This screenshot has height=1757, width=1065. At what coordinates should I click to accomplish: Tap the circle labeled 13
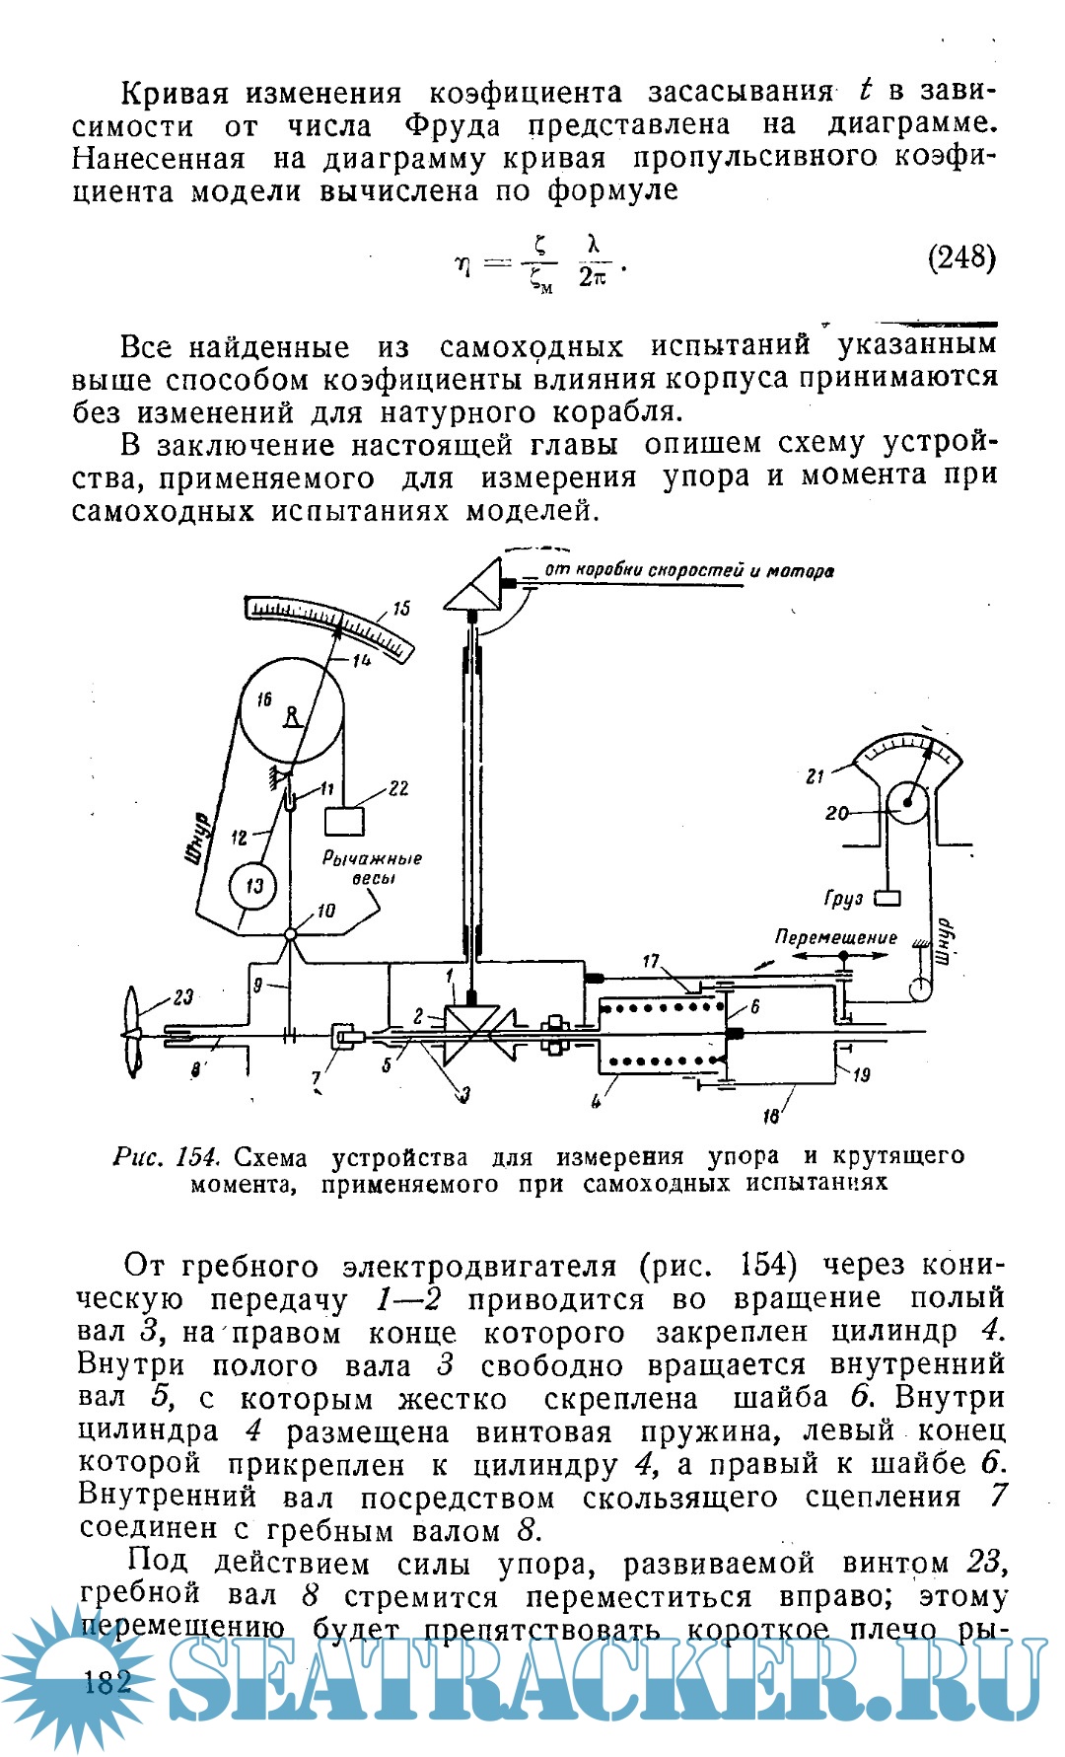tap(253, 884)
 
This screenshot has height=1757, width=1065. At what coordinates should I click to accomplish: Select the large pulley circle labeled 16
tap(291, 708)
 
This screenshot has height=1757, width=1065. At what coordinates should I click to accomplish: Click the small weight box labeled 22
tap(344, 821)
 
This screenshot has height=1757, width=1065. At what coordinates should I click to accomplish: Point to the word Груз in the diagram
tap(844, 899)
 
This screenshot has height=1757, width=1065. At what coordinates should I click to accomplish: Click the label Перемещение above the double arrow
tap(836, 937)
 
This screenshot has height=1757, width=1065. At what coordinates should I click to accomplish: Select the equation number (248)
tap(961, 258)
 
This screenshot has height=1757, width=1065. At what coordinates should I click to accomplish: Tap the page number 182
tap(108, 1681)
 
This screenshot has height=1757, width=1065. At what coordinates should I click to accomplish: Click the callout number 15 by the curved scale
tap(399, 609)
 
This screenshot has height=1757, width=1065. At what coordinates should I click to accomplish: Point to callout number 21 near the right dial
tap(815, 775)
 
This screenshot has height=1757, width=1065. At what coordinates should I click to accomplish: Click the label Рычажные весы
tap(373, 868)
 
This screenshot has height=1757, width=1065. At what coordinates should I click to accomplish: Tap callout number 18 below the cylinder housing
tap(772, 1116)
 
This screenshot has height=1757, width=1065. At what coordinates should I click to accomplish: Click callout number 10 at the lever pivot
tap(325, 911)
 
